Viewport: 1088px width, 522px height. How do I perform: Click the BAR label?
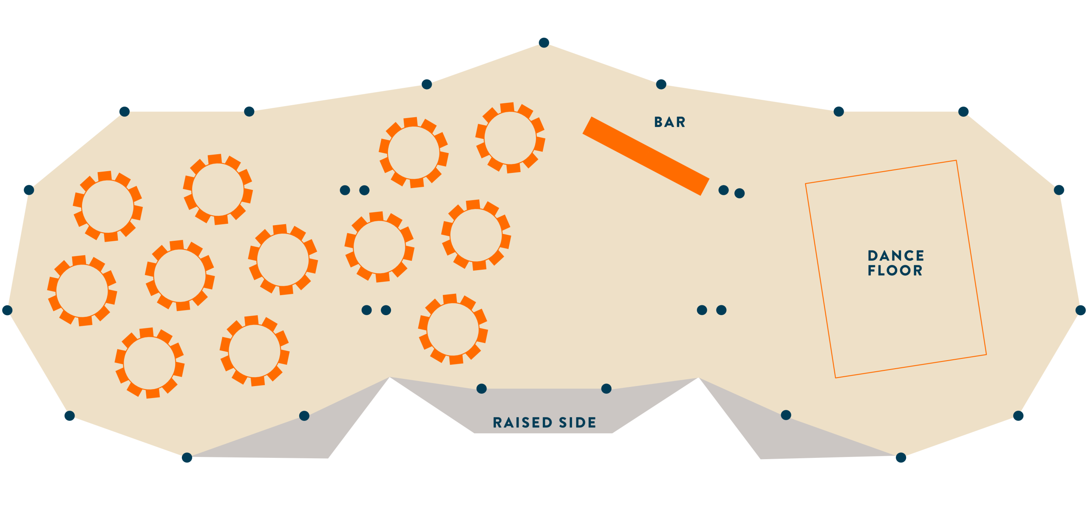[x=670, y=122]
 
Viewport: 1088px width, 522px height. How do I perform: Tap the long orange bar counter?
[x=646, y=156]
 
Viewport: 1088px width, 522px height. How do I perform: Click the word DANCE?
[x=896, y=256]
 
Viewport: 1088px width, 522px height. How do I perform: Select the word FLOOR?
[x=895, y=271]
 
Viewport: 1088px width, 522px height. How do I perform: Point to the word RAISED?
[x=522, y=423]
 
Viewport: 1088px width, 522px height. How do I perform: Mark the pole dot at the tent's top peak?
[x=544, y=42]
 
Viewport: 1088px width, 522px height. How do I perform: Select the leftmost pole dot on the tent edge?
[x=7, y=310]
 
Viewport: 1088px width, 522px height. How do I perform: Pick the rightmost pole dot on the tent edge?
[x=1081, y=310]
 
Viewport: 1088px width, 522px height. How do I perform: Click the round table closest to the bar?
[x=510, y=138]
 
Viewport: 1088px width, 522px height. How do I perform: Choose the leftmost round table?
[x=82, y=291]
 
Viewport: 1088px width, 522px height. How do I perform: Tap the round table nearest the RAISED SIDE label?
[x=453, y=329]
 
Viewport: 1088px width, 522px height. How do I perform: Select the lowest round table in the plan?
[x=150, y=363]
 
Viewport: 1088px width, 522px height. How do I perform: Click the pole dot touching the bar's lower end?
[x=723, y=190]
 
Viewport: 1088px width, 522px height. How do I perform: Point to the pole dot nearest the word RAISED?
[x=482, y=389]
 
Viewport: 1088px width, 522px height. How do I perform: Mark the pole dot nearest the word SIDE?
[x=606, y=389]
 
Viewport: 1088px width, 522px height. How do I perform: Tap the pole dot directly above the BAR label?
[x=661, y=84]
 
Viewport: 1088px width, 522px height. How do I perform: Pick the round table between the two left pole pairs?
[x=380, y=247]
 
